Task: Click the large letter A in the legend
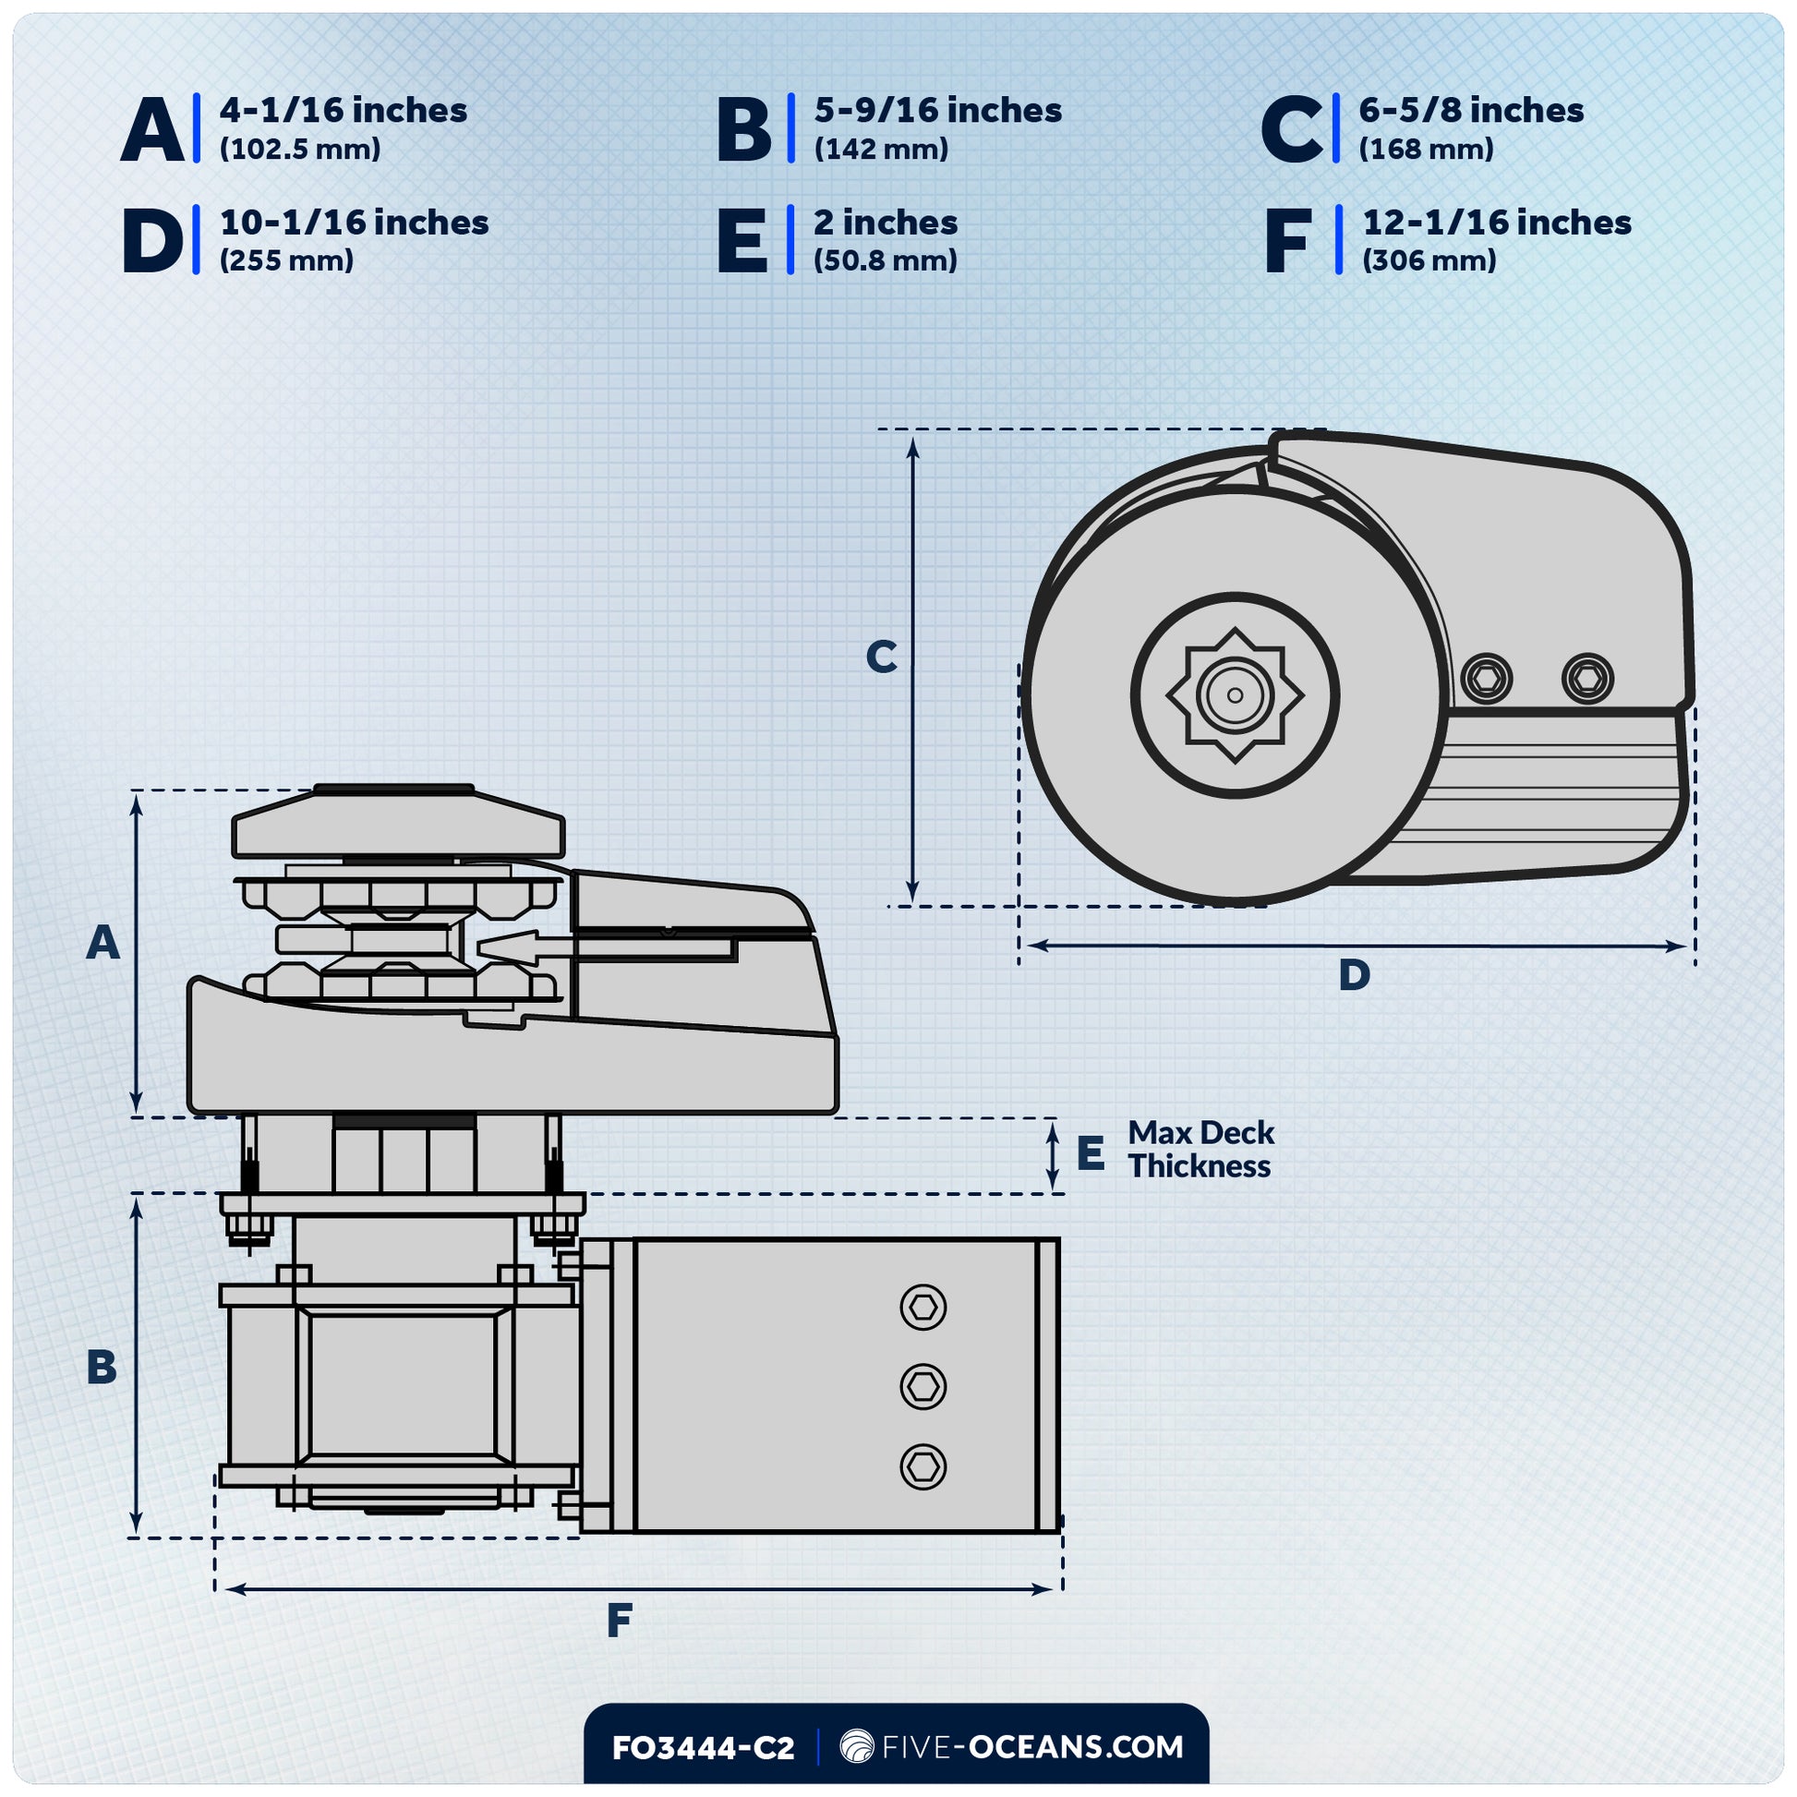point(152,130)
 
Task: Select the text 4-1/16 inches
point(344,111)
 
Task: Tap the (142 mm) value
point(881,149)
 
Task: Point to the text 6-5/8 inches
point(1470,111)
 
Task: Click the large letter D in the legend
point(152,242)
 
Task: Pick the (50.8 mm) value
point(885,260)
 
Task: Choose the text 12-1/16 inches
point(1497,223)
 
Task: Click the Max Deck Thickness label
point(1200,1150)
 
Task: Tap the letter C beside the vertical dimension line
point(881,657)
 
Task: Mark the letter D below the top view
point(1355,975)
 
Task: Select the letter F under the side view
point(620,1622)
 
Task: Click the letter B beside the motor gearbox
point(102,1368)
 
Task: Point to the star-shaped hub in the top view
point(1236,694)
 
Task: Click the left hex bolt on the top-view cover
point(1487,677)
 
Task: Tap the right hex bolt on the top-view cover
point(1587,677)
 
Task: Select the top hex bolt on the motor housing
point(923,1308)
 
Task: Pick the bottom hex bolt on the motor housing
point(923,1466)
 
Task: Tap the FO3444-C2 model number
point(703,1748)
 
